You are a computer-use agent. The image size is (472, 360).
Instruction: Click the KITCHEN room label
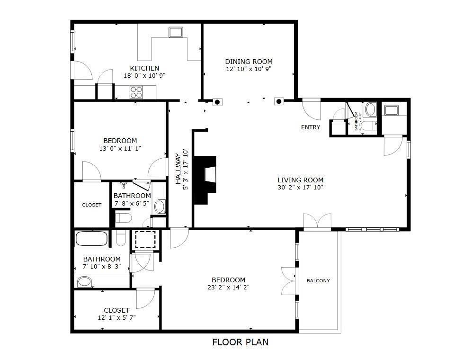click(x=144, y=68)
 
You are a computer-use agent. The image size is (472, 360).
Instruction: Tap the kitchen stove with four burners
click(x=136, y=90)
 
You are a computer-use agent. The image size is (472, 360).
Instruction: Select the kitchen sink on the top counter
click(x=176, y=32)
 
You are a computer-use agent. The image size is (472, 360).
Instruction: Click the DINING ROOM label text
click(x=249, y=62)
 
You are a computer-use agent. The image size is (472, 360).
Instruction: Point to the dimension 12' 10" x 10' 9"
click(x=249, y=69)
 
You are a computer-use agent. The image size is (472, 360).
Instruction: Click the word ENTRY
click(x=311, y=127)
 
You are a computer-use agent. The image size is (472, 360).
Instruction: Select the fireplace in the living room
click(x=207, y=175)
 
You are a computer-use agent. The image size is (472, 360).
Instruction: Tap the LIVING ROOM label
click(x=300, y=180)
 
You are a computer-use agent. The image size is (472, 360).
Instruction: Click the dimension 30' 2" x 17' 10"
click(x=300, y=187)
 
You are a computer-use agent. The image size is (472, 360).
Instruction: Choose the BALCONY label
click(x=318, y=281)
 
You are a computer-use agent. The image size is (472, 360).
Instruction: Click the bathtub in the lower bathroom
click(x=92, y=238)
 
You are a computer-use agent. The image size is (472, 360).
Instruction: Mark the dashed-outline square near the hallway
click(x=145, y=240)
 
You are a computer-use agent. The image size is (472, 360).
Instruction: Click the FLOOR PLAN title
click(x=240, y=342)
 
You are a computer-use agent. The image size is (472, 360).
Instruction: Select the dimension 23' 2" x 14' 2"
click(x=228, y=287)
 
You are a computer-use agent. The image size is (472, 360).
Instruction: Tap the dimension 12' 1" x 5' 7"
click(x=116, y=317)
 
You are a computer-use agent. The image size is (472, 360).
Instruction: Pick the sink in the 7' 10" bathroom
click(x=85, y=282)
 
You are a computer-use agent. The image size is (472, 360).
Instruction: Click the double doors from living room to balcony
click(x=317, y=222)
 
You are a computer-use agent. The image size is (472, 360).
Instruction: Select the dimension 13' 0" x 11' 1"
click(x=120, y=148)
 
